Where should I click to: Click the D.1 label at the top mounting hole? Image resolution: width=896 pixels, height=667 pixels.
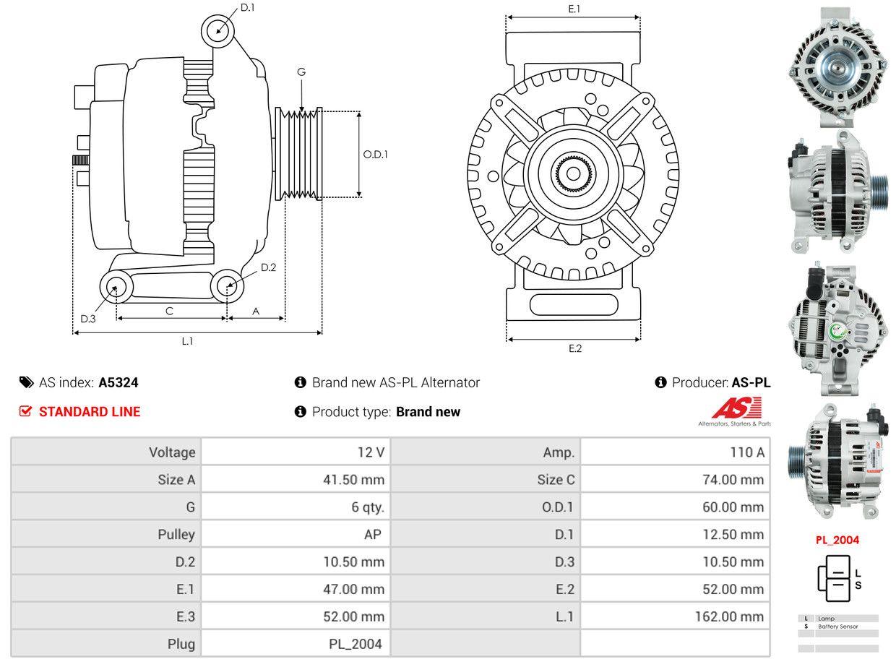(x=247, y=7)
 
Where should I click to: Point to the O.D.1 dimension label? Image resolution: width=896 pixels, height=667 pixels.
(x=375, y=154)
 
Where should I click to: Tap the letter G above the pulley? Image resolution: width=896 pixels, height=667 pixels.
(x=301, y=72)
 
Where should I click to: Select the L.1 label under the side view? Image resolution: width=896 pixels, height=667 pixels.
(x=187, y=341)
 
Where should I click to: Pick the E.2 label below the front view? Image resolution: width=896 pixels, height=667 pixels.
(x=574, y=348)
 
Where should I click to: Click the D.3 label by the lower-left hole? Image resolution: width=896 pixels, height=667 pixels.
(x=88, y=319)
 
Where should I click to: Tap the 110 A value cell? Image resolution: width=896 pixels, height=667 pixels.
(x=746, y=452)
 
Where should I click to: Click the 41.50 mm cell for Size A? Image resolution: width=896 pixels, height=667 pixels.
(x=353, y=479)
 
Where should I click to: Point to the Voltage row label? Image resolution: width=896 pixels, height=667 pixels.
(x=172, y=452)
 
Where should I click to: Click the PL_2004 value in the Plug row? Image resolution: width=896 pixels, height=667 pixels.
(x=356, y=643)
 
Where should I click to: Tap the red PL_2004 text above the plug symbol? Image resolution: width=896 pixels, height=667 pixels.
(x=837, y=540)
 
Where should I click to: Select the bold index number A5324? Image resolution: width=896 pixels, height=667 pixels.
(x=119, y=382)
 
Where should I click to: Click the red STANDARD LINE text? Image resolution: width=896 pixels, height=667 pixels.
(x=89, y=411)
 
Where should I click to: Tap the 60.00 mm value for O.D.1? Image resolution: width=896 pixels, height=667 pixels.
(x=733, y=507)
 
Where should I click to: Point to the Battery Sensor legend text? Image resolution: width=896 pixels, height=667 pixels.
(x=838, y=627)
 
